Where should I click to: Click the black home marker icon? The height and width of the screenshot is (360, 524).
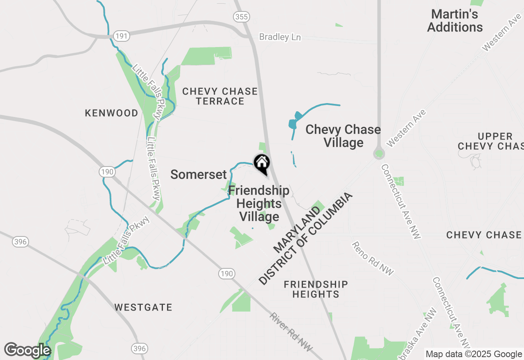262,163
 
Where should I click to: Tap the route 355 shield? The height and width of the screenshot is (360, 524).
242,17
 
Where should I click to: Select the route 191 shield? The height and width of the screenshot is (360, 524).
122,36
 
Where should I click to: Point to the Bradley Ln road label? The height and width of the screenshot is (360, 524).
280,37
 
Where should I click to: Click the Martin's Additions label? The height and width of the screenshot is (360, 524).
455,21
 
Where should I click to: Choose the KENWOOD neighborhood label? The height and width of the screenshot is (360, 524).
111,113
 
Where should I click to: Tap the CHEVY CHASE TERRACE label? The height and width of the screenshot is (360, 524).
220,96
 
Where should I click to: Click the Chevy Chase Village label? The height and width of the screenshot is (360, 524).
343,136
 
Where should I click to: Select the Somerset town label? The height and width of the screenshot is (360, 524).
198,175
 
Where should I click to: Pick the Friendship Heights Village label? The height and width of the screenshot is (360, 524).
259,203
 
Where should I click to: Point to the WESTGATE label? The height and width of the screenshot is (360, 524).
143,307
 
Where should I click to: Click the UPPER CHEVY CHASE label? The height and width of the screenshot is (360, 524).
490,141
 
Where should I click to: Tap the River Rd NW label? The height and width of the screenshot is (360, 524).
291,332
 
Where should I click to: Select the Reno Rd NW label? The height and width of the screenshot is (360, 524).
373,258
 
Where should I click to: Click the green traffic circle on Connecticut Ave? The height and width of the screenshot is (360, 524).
379,154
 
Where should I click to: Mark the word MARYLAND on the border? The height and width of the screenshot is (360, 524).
297,229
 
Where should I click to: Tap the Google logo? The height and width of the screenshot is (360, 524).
27,351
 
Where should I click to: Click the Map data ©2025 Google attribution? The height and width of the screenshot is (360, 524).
474,354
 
